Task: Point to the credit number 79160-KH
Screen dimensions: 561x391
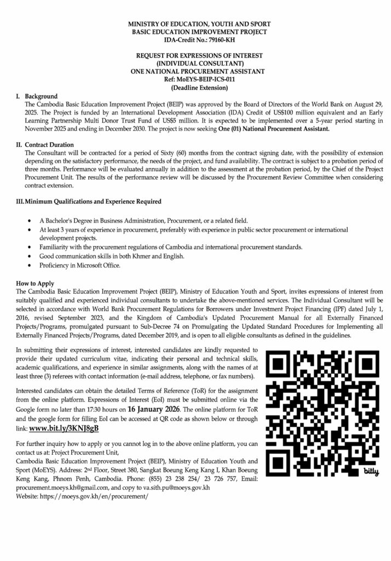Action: tap(211, 41)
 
